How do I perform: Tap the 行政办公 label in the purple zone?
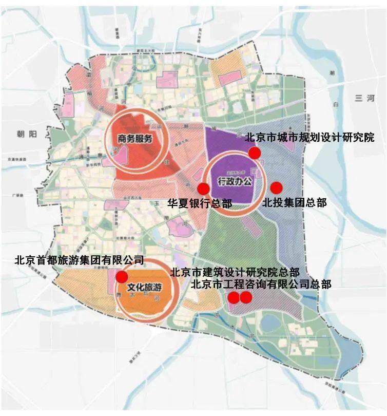pos(236,181)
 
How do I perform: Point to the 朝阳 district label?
pos(27,135)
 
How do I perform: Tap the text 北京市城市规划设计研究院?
pos(309,138)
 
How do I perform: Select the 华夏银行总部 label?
pos(200,203)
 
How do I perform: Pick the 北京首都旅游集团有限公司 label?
pos(79,260)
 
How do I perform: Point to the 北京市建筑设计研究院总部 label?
pos(234,272)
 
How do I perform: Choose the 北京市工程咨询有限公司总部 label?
pos(261,283)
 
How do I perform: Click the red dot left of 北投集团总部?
pos(276,187)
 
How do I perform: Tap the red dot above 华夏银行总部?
pos(203,188)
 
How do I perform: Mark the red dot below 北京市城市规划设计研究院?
pos(255,152)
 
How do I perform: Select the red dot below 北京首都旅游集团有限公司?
pos(121,277)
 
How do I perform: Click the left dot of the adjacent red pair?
pos(234,297)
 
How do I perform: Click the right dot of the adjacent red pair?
pos(246,297)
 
